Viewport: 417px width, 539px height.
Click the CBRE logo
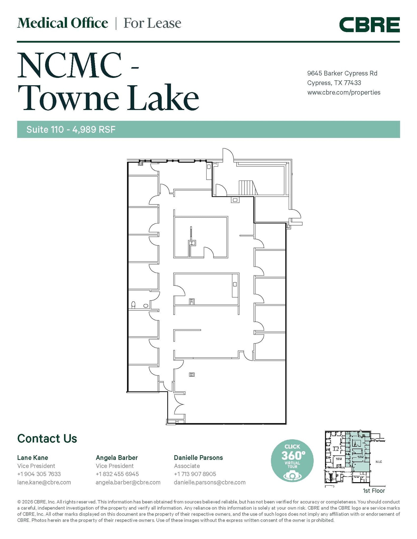point(369,25)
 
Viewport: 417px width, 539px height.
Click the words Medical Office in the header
point(63,23)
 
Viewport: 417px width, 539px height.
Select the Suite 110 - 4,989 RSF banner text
point(71,129)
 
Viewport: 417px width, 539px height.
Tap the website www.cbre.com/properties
point(344,92)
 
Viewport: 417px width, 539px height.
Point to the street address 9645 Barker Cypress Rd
point(342,73)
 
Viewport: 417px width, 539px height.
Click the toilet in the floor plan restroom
point(133,305)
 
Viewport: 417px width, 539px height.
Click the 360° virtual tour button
point(292,461)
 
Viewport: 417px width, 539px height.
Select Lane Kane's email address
point(44,482)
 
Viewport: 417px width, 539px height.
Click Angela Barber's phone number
point(117,474)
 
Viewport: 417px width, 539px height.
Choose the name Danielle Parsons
point(198,457)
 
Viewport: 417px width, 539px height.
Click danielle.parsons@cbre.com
point(210,482)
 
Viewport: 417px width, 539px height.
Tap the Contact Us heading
point(47,439)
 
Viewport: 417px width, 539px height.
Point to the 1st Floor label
point(374,491)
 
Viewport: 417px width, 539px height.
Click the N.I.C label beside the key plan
point(379,462)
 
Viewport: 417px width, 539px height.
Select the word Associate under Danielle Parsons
point(187,466)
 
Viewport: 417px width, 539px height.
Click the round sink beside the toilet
point(146,306)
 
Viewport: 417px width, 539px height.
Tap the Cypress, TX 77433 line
point(334,83)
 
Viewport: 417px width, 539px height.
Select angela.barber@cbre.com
point(128,482)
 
